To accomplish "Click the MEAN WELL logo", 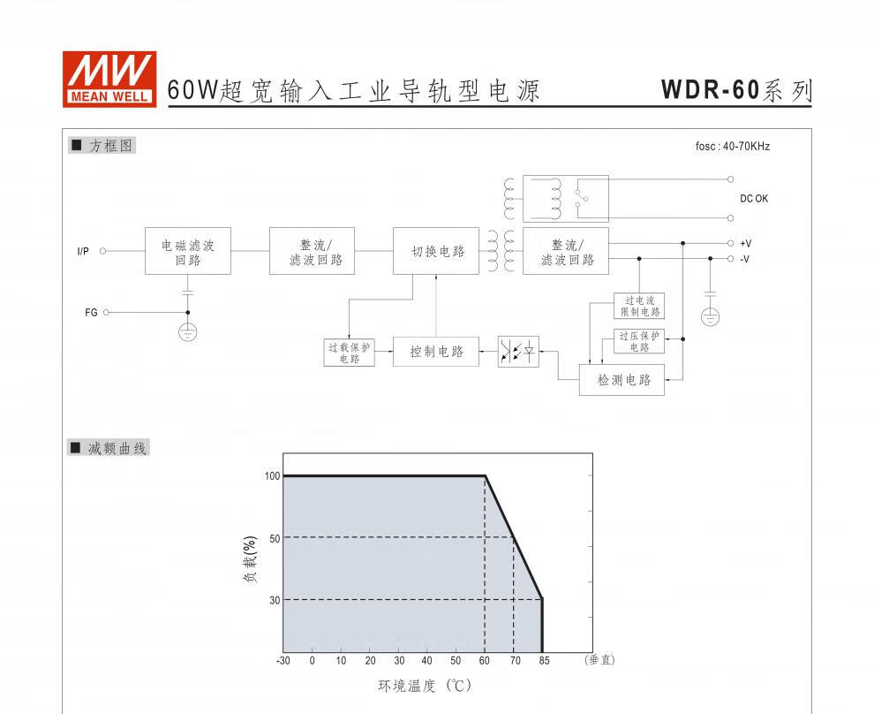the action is pos(109,80).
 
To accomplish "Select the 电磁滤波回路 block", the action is pos(187,252).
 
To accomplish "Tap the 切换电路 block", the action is pos(437,252).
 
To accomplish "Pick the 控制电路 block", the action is pos(437,352).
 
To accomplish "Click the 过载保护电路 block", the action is pos(349,353).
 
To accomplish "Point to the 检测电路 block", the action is pos(623,380).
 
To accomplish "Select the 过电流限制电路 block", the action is pos(639,307).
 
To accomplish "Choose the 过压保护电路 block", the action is pos(639,341).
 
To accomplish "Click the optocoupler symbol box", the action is pos(518,352).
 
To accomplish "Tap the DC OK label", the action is pos(754,199).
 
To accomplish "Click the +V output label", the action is pos(745,243).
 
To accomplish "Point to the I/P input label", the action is pos(83,252).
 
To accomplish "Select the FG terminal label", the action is pos(91,313).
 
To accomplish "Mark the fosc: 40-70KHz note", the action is pos(732,147).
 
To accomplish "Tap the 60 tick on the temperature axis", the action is pos(485,661).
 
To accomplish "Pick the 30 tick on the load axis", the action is pos(274,600).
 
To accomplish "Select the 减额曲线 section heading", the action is pos(118,449).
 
